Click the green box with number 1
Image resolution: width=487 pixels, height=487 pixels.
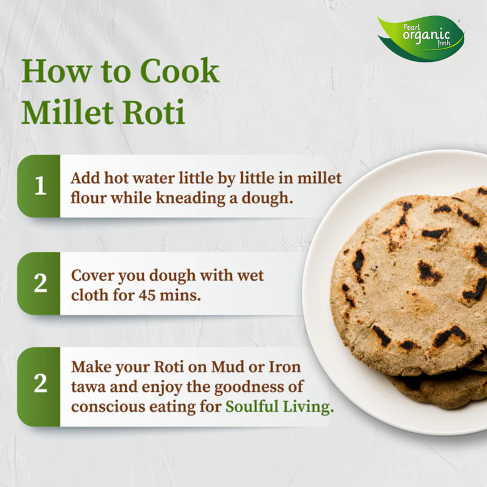40,186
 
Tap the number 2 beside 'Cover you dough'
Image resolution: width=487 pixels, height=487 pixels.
40,284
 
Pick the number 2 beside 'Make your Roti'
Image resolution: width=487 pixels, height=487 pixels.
40,384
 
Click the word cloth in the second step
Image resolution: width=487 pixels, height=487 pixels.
91,295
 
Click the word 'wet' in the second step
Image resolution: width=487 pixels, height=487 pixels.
250,275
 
